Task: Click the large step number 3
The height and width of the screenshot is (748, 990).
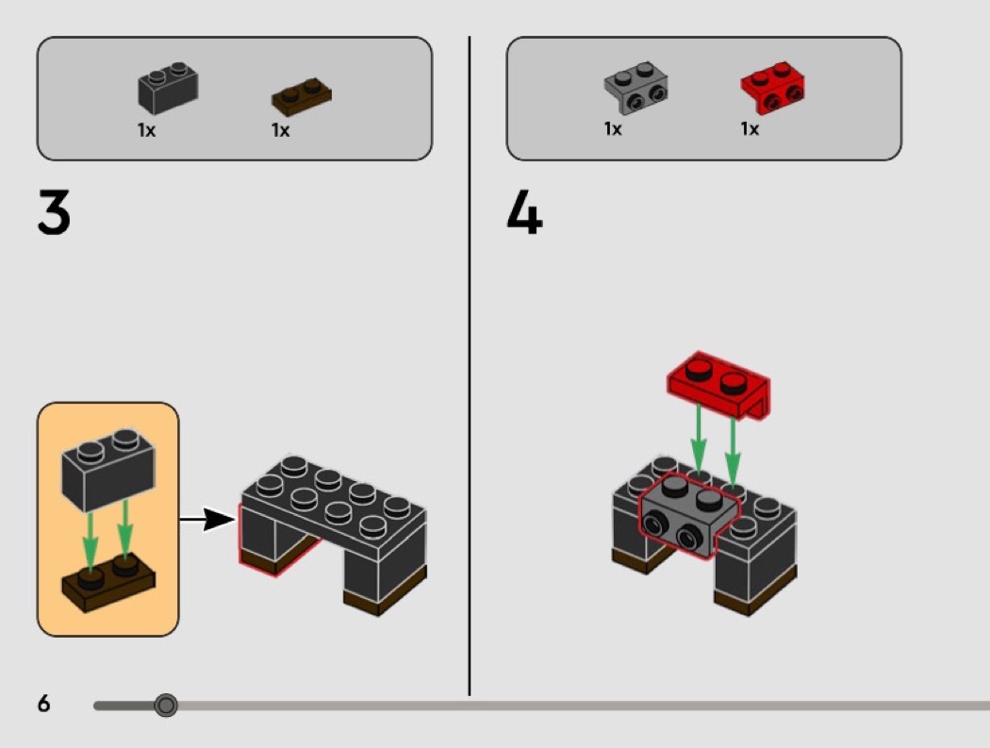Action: pos(54,213)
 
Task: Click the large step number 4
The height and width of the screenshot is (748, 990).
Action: pos(524,213)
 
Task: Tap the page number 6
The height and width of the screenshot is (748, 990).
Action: pos(44,704)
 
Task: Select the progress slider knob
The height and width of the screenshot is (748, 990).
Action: pos(166,705)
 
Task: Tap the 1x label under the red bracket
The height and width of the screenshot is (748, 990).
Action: pos(750,129)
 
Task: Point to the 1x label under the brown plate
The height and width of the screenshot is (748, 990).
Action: pos(280,131)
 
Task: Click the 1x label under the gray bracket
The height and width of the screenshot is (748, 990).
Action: pos(613,129)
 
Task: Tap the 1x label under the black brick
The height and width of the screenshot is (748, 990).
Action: pos(146,131)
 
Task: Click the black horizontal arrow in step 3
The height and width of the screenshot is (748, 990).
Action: pos(207,519)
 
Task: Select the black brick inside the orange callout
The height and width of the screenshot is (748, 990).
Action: pos(107,469)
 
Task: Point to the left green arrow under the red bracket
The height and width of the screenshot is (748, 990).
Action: pos(698,438)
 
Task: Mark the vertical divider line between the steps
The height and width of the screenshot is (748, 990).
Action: pos(470,377)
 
